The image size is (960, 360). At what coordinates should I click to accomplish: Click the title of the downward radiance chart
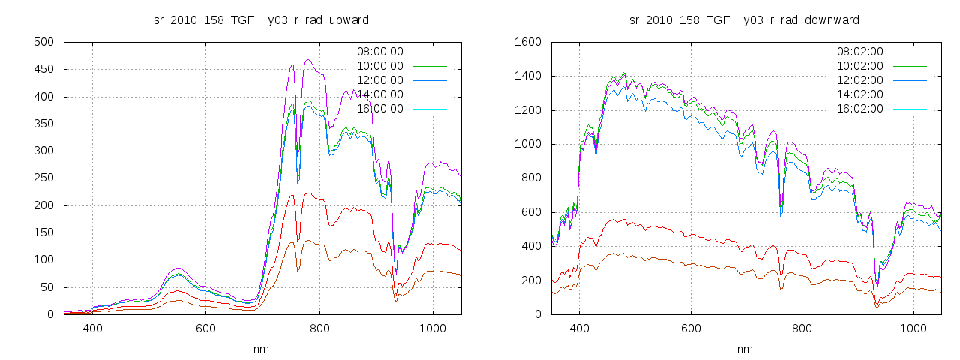(744, 19)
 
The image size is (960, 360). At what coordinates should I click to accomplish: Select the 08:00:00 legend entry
(379, 52)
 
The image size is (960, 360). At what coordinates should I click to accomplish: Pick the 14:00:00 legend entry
(379, 94)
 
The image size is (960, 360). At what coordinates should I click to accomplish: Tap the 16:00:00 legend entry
(379, 109)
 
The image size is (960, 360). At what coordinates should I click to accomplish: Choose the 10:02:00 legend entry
(859, 66)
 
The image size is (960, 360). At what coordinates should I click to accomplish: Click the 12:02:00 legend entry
(859, 80)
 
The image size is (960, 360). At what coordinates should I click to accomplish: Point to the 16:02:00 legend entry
(859, 109)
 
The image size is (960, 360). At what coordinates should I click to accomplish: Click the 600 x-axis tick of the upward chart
(206, 328)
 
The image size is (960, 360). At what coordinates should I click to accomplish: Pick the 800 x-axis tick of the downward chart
(802, 328)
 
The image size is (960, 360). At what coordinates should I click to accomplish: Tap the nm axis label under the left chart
(262, 349)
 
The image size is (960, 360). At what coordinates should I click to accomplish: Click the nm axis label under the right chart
(745, 349)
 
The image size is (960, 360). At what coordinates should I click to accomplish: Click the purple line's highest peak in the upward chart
(307, 59)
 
